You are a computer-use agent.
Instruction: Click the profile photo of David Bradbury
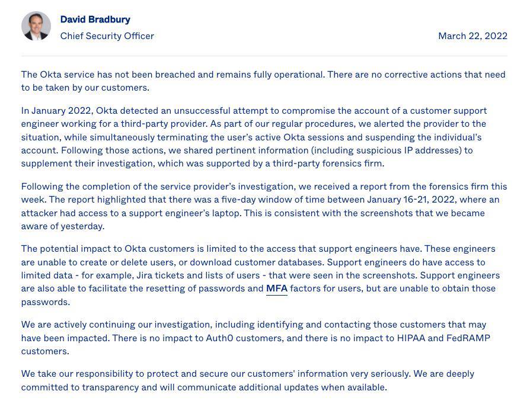pos(36,26)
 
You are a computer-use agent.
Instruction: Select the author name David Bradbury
pos(95,20)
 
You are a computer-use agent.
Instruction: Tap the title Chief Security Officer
pos(107,36)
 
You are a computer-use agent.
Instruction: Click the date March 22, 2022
pos(472,36)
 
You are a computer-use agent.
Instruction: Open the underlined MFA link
pos(276,288)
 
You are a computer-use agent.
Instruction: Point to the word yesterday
pos(83,226)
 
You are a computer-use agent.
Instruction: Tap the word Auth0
pos(219,338)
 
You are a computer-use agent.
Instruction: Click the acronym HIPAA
pos(411,338)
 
